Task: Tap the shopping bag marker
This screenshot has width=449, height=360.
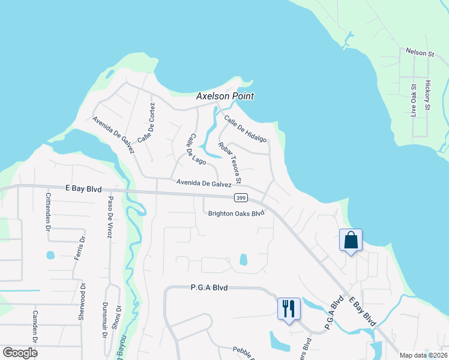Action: pyautogui.click(x=351, y=241)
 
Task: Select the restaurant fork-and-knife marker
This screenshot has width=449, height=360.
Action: pyautogui.click(x=289, y=309)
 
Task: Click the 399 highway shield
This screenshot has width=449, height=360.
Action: pyautogui.click(x=241, y=197)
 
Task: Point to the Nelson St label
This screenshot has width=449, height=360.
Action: pyautogui.click(x=420, y=53)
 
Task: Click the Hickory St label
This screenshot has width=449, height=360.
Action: pyautogui.click(x=428, y=95)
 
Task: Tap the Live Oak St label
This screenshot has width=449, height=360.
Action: pyautogui.click(x=414, y=101)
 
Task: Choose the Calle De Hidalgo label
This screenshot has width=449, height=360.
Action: pyautogui.click(x=245, y=128)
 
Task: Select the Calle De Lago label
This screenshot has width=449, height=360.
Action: pyautogui.click(x=195, y=148)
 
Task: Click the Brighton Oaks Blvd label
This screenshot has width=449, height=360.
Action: pyautogui.click(x=237, y=213)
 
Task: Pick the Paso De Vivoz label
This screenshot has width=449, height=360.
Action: pyautogui.click(x=110, y=217)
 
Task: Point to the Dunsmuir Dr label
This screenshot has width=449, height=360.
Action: pyautogui.click(x=106, y=314)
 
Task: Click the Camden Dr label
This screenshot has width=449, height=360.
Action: pyautogui.click(x=35, y=327)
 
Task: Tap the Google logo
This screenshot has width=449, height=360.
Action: pyautogui.click(x=20, y=353)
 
